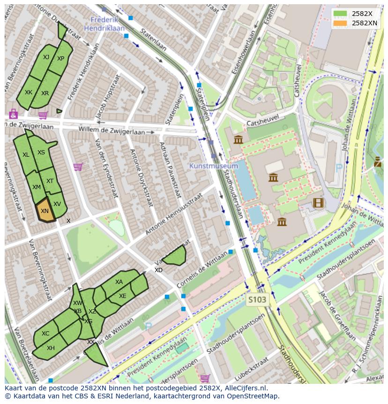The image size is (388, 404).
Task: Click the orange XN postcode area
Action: (x=45, y=211)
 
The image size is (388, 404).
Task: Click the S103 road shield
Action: (x=257, y=299)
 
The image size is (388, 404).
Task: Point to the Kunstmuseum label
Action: (x=214, y=166)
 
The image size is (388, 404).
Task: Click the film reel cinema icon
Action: (x=318, y=203)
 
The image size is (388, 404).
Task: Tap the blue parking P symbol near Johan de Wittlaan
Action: (x=339, y=167)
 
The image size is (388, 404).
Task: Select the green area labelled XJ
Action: (x=45, y=57)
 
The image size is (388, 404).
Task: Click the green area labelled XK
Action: (x=29, y=92)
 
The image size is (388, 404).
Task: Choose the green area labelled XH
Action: (x=50, y=348)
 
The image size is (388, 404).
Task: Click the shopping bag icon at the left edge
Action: (x=13, y=114)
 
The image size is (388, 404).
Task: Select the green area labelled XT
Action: (x=50, y=181)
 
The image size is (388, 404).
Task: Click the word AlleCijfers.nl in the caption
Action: (x=244, y=388)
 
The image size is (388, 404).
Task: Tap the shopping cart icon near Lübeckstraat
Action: (x=205, y=378)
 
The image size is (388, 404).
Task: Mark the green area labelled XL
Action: (x=26, y=154)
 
